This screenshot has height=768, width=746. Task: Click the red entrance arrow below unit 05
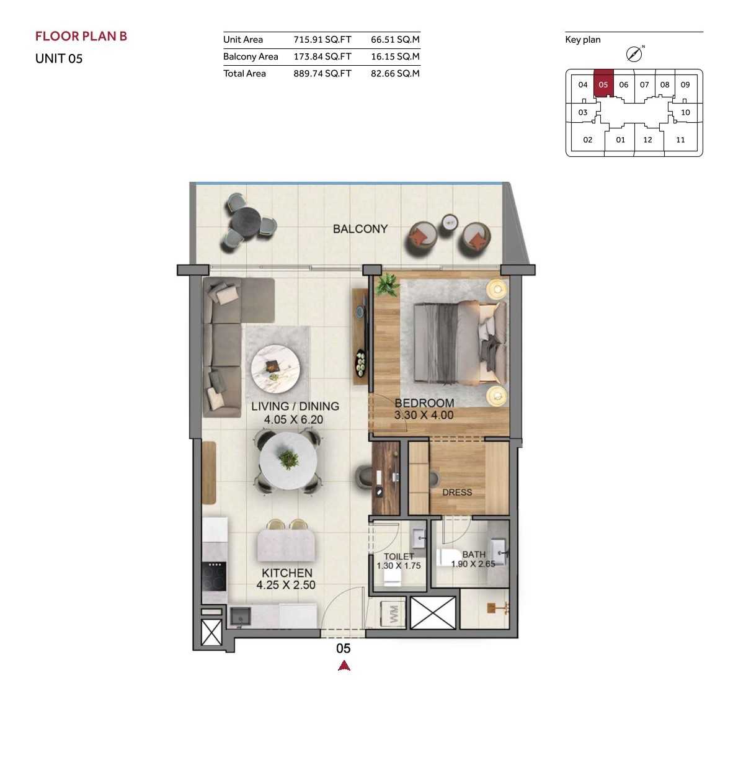(344, 666)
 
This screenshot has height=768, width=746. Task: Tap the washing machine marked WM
(393, 614)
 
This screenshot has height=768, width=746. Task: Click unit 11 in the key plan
(680, 140)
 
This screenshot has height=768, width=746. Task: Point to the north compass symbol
(634, 54)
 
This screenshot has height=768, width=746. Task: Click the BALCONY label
(360, 229)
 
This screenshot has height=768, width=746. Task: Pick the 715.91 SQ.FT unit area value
(322, 40)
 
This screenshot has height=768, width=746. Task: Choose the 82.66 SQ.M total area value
(395, 73)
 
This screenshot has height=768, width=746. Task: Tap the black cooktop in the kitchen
(214, 576)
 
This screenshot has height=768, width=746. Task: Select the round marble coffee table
(275, 369)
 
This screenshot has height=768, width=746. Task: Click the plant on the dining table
(288, 460)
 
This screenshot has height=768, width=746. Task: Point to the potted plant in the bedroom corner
(388, 285)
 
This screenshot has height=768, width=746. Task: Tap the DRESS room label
(457, 492)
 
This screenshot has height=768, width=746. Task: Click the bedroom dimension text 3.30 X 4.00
(424, 415)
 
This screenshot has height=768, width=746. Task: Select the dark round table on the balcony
(246, 223)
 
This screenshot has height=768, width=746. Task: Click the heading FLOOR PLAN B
(81, 37)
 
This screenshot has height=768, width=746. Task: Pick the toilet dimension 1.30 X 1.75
(399, 566)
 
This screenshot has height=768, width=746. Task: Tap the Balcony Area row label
(251, 56)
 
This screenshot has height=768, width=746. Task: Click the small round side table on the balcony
(450, 223)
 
